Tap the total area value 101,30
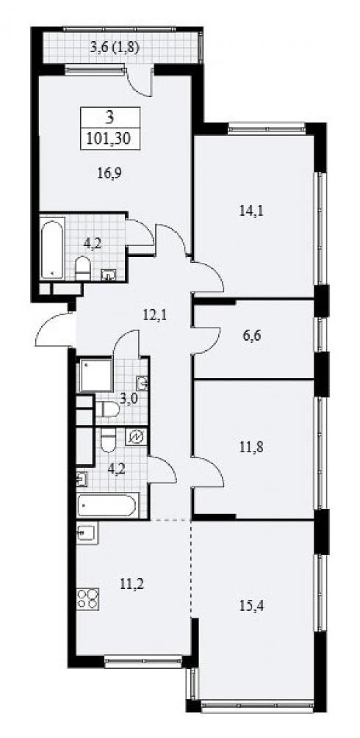pyautogui.click(x=110, y=139)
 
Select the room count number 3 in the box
pyautogui.click(x=109, y=117)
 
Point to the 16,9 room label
pyautogui.click(x=107, y=173)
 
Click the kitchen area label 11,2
pyautogui.click(x=132, y=585)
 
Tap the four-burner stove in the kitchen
pyautogui.click(x=87, y=598)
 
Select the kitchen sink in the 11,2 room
pyautogui.click(x=87, y=534)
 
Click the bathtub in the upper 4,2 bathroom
pyautogui.click(x=52, y=247)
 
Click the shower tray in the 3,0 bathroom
pyautogui.click(x=96, y=375)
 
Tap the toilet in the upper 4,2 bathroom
pyautogui.click(x=82, y=269)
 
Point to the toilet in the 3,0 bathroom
pyautogui.click(x=107, y=408)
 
